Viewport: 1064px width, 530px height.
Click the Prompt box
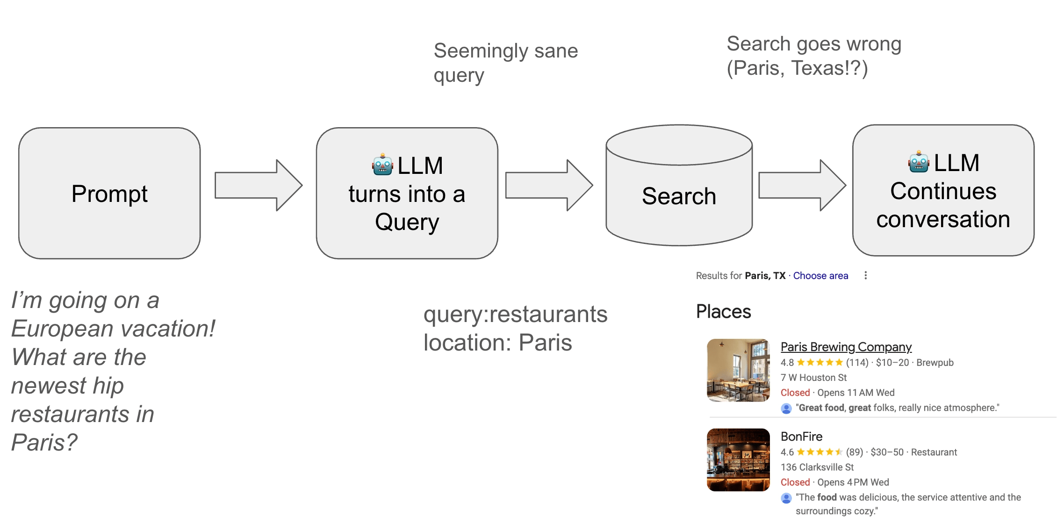click(x=109, y=193)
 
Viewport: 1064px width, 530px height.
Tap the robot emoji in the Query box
click(x=382, y=165)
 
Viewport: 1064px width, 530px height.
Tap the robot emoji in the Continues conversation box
click(x=919, y=162)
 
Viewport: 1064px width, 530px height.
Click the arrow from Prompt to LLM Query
click(x=258, y=185)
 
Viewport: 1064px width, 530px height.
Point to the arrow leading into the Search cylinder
click(x=549, y=185)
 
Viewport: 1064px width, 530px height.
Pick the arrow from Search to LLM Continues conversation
click(x=802, y=185)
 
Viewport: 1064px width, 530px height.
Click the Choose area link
click(x=820, y=276)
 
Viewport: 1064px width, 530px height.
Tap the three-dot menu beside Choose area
click(x=866, y=275)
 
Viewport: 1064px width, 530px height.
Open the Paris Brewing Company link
click(x=846, y=347)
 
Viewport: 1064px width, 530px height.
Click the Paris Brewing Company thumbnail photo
click(x=738, y=370)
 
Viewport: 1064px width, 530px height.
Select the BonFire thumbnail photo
click(x=738, y=460)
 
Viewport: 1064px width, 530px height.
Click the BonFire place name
click(x=801, y=437)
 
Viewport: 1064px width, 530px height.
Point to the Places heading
click(x=723, y=312)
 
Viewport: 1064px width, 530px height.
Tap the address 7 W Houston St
click(x=813, y=378)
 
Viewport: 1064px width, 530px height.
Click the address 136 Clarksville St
click(x=817, y=467)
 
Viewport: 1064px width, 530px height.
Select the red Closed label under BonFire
click(x=795, y=482)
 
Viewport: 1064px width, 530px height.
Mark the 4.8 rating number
click(x=787, y=363)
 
